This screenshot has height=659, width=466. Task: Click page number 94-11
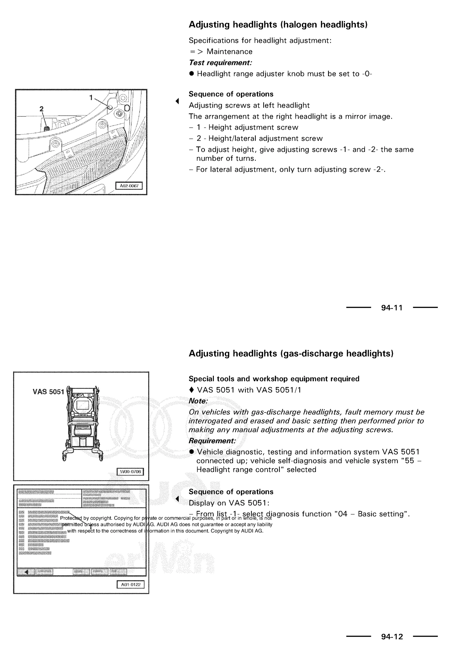click(x=392, y=308)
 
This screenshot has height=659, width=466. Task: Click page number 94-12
click(x=392, y=637)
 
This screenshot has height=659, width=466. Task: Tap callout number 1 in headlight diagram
click(x=91, y=98)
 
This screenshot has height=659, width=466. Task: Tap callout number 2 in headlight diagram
click(x=41, y=109)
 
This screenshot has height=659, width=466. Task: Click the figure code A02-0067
click(x=129, y=186)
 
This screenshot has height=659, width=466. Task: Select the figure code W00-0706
click(x=130, y=471)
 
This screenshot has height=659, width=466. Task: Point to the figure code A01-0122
click(x=131, y=584)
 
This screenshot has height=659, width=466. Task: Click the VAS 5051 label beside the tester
click(x=48, y=392)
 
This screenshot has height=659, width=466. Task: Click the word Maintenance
click(x=229, y=52)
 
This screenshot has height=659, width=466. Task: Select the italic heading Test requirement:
click(x=220, y=63)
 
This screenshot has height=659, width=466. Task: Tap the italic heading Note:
click(x=198, y=401)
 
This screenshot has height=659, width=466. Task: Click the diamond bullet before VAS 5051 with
click(x=191, y=390)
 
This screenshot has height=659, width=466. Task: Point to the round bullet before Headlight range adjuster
click(x=191, y=74)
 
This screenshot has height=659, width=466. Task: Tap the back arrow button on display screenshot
click(x=26, y=572)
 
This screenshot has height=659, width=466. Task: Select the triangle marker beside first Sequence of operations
click(x=177, y=101)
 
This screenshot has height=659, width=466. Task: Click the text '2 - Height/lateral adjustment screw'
click(x=259, y=139)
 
